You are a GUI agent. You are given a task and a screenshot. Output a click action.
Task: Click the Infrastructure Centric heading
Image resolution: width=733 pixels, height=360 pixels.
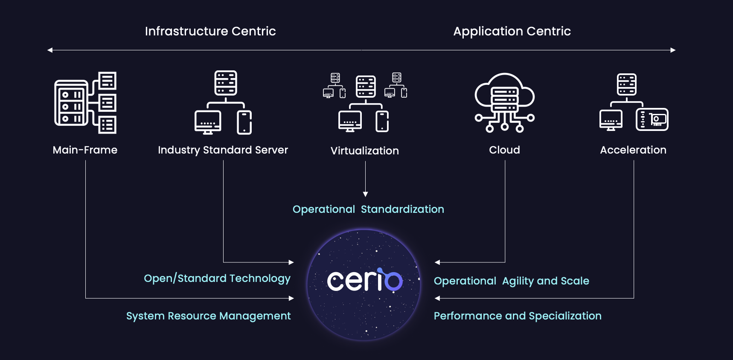click(210, 31)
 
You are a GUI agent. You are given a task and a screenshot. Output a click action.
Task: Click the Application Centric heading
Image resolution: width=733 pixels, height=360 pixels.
click(512, 31)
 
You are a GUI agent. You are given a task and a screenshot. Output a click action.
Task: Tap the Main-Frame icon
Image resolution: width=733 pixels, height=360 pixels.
click(85, 103)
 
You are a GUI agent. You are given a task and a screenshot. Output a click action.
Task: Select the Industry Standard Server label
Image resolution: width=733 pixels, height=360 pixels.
click(223, 150)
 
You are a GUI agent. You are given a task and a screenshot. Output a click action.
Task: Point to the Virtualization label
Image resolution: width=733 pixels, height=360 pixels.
click(365, 151)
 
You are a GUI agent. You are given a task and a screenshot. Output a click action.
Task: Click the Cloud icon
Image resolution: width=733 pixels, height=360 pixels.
click(505, 102)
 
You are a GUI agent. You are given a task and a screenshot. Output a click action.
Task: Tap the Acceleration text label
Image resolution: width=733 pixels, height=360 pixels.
click(633, 150)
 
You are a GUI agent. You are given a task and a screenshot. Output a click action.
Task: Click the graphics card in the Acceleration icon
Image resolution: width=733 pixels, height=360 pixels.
click(652, 119)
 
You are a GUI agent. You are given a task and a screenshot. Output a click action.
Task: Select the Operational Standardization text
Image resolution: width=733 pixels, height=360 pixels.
click(368, 209)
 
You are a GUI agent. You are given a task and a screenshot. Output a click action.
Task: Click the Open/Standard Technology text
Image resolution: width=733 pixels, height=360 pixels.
click(217, 279)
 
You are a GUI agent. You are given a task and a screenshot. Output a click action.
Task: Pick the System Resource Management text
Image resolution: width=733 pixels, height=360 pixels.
click(208, 316)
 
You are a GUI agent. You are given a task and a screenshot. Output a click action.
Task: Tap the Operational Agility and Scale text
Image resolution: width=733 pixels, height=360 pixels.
click(511, 281)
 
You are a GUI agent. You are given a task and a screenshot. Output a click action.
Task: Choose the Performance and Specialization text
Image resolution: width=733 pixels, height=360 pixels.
click(518, 316)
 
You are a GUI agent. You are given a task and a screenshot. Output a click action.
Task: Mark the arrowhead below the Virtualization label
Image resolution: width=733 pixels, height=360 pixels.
click(365, 194)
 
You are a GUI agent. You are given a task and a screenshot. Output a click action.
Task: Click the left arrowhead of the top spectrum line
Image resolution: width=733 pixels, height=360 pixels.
click(50, 50)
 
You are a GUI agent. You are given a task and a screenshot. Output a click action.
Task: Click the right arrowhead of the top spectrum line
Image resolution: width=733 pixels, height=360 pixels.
click(673, 50)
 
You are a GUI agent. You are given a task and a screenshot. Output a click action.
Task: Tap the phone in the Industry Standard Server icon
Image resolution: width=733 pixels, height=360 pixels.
click(244, 122)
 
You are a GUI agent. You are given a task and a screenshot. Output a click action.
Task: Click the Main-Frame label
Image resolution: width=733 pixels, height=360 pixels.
click(85, 150)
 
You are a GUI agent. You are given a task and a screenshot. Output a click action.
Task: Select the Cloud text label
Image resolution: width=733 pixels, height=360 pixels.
click(504, 150)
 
